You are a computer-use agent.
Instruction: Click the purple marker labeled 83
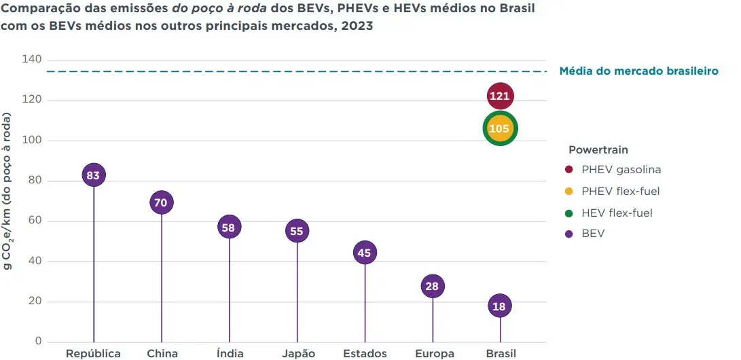(93, 175)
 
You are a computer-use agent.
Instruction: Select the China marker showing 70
(161, 202)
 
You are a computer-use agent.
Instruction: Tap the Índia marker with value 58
(228, 228)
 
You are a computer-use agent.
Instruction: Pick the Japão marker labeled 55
(296, 232)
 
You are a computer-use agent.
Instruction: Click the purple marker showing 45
(364, 253)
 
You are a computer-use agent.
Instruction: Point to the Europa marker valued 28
(432, 287)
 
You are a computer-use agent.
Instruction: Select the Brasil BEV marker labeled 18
(499, 306)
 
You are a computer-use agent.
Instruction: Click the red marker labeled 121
(499, 96)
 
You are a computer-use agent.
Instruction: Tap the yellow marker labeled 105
(499, 128)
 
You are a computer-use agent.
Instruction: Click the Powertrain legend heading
(598, 149)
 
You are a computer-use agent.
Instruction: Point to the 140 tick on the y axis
(33, 60)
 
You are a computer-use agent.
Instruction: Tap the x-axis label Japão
(296, 353)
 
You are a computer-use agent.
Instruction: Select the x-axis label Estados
(365, 353)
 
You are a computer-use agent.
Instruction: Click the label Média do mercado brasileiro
(638, 71)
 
